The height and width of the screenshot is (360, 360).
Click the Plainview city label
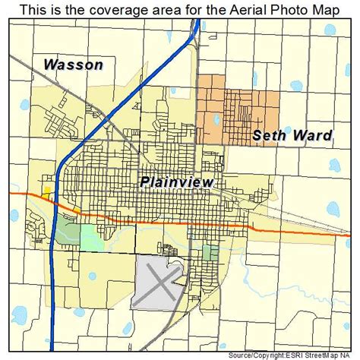(x=176, y=182)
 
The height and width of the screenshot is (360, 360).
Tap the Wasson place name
(x=73, y=65)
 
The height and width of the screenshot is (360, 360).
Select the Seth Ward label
(x=292, y=136)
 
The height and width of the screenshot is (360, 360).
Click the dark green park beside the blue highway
(x=68, y=231)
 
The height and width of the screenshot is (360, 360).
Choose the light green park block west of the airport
(x=93, y=238)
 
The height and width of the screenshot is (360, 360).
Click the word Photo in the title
(x=272, y=9)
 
